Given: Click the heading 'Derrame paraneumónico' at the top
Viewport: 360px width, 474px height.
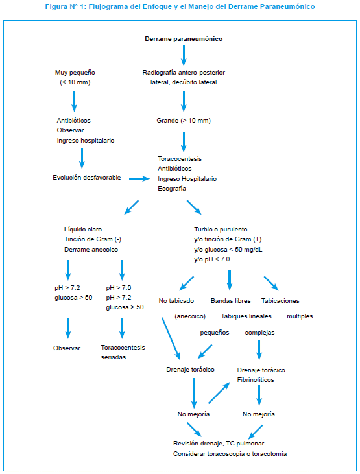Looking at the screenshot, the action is [184, 39].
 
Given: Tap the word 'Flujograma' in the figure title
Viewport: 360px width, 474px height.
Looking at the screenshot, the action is [108, 6].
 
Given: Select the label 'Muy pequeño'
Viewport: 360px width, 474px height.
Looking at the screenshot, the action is [75, 73].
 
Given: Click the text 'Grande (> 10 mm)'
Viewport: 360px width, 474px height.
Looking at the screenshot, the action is [184, 121].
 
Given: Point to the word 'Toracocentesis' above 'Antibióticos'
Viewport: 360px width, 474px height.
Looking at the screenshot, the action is [180, 159].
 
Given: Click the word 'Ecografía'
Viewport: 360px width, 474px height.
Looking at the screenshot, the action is [172, 189].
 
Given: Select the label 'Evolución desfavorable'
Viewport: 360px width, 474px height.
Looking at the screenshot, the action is [87, 178].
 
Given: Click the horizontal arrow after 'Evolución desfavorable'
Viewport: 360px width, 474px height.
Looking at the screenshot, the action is [139, 179].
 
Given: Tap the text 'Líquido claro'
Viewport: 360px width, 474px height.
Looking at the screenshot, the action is [83, 230].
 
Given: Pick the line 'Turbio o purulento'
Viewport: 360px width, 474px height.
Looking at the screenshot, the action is [221, 230].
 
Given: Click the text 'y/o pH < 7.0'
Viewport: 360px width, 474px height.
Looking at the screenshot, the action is [211, 259].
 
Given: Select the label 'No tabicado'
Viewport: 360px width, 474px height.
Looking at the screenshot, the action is [176, 301].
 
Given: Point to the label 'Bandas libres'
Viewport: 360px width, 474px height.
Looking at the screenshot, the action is [231, 301].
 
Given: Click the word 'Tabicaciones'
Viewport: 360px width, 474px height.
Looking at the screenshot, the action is [280, 301].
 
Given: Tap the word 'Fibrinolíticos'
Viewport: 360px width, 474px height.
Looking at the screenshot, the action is [256, 380].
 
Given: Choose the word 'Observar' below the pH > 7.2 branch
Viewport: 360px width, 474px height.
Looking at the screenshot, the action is [67, 348].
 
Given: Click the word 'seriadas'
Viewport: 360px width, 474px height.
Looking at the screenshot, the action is [114, 357].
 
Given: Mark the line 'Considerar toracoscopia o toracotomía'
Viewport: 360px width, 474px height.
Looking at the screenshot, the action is [230, 454].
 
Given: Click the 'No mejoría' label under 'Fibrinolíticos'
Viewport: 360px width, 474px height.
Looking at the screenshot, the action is [259, 414].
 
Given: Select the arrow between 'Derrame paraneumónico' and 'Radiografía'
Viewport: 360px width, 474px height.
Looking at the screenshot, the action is [184, 56].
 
